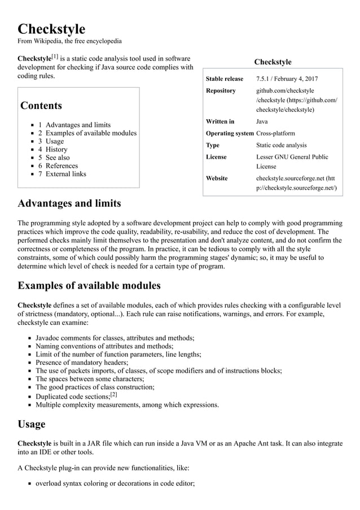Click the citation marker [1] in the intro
click(x=55, y=56)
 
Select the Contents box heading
click(x=41, y=106)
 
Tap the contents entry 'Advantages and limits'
click(x=78, y=125)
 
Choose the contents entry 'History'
click(x=56, y=150)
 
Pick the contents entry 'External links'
click(x=66, y=174)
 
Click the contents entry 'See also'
click(x=58, y=158)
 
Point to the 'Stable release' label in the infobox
click(x=225, y=79)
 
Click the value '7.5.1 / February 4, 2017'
click(x=287, y=79)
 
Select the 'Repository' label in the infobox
click(x=221, y=90)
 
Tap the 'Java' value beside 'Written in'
click(x=262, y=121)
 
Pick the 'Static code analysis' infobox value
click(x=282, y=145)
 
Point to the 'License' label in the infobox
click(x=216, y=157)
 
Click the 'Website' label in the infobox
click(x=217, y=178)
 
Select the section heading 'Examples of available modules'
click(x=89, y=285)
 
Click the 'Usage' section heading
click(x=32, y=424)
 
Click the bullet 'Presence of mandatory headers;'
click(x=82, y=363)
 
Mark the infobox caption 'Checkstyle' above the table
click(x=273, y=62)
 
